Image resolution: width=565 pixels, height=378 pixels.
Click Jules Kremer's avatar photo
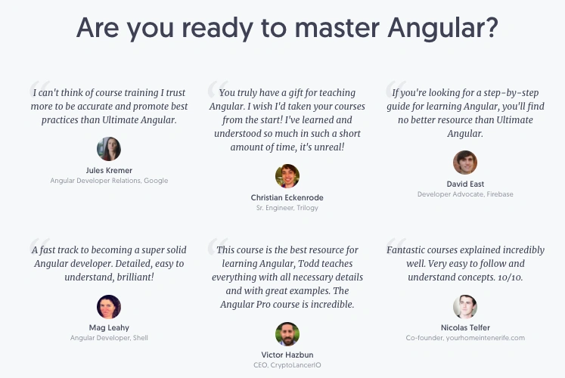click(x=109, y=149)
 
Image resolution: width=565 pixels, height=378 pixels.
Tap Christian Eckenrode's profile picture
click(x=287, y=176)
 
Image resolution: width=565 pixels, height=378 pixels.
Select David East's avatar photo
click(x=465, y=163)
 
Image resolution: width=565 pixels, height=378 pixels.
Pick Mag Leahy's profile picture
click(x=109, y=306)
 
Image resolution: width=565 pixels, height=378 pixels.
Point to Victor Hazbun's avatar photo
click(x=287, y=334)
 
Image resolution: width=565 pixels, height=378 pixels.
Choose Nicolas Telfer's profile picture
click(x=465, y=306)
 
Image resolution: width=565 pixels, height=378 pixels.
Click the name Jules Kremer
click(x=109, y=170)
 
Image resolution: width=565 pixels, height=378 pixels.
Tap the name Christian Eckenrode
click(x=287, y=197)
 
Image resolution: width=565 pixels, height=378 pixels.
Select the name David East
click(x=465, y=184)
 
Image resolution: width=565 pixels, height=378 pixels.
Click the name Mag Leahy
click(x=109, y=327)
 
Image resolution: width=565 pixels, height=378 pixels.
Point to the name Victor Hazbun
click(x=287, y=355)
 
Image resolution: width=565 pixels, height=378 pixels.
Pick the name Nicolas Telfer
click(x=465, y=327)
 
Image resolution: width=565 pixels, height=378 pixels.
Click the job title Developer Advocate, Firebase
click(x=465, y=194)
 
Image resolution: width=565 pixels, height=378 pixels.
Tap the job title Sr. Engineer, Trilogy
click(x=287, y=208)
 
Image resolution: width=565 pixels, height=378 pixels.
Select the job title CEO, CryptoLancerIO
click(x=287, y=365)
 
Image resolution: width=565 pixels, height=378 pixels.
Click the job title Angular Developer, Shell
click(x=109, y=338)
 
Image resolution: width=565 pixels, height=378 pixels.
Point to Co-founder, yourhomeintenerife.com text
click(x=465, y=338)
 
